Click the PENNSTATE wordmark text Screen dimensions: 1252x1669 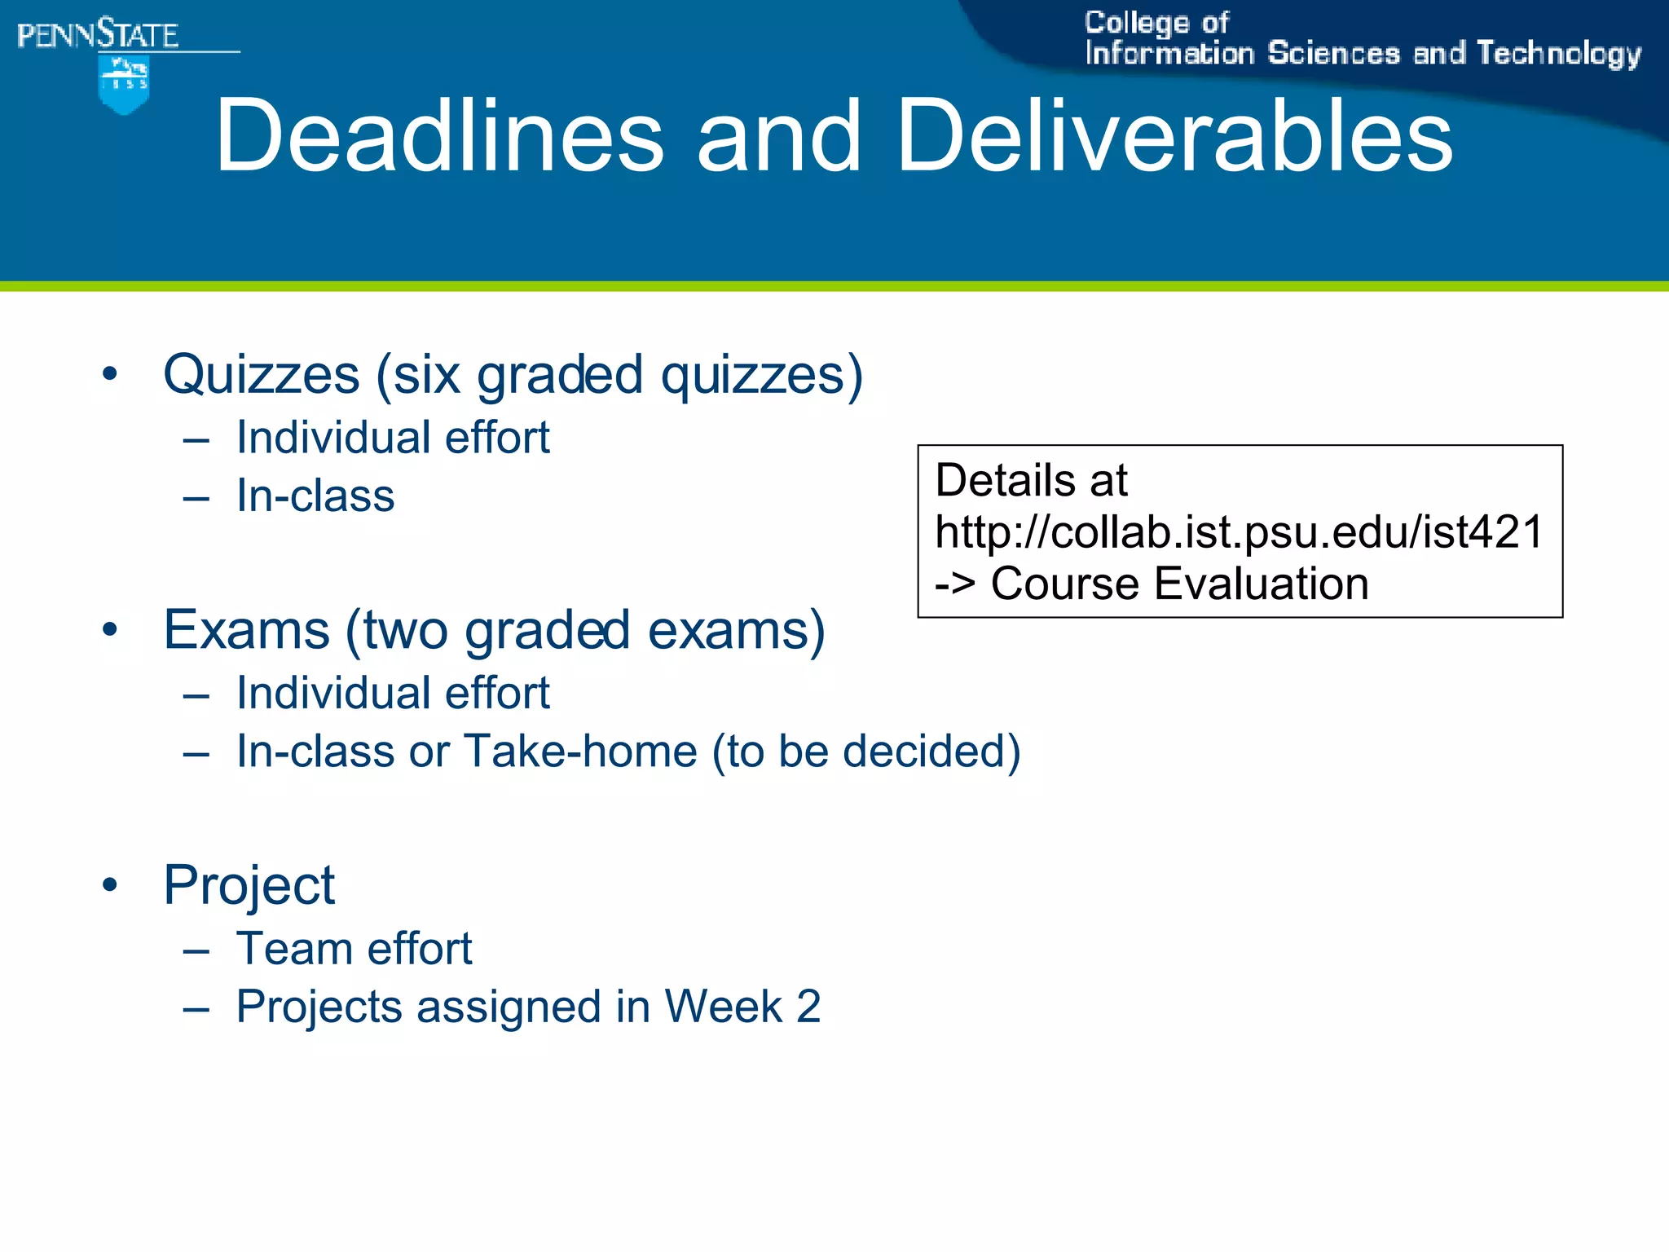(x=98, y=35)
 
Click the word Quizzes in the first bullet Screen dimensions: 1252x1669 (x=262, y=375)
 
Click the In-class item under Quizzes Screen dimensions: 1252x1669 (x=315, y=496)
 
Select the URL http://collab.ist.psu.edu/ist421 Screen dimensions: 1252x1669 (x=1239, y=531)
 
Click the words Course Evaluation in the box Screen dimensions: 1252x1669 (x=1179, y=584)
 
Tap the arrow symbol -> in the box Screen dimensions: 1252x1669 (x=954, y=584)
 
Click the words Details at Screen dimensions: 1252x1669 (x=1031, y=479)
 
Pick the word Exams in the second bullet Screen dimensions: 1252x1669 (x=246, y=630)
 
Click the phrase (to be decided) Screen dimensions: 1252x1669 (x=865, y=751)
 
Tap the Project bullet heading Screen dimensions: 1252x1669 (x=249, y=885)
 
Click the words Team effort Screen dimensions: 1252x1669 (x=354, y=948)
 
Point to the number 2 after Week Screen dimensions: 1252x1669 (x=808, y=1006)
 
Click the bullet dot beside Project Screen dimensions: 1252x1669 (x=110, y=885)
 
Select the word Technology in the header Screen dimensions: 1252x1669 (x=1558, y=54)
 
